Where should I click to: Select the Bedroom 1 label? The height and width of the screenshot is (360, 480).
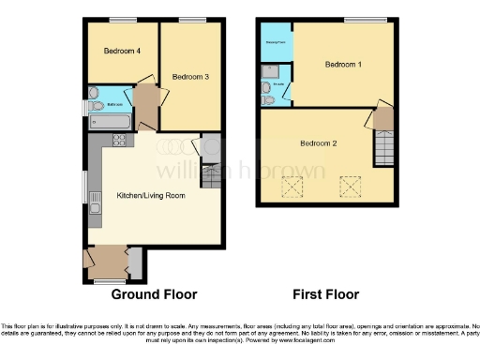coord(342,65)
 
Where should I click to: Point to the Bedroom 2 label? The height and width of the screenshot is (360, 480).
coord(318,143)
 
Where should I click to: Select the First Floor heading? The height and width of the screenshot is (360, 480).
coord(325,294)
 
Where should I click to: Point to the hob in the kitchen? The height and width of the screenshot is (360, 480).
coord(119,141)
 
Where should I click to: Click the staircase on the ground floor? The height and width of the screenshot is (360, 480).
coord(209,175)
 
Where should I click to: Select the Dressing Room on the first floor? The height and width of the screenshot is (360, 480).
coord(277,42)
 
